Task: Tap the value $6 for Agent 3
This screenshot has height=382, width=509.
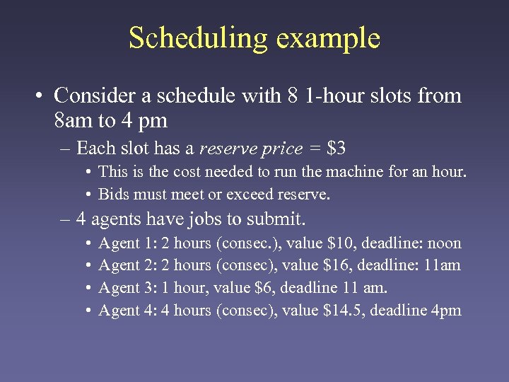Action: [256, 287]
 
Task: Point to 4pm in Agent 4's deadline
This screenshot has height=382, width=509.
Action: [445, 310]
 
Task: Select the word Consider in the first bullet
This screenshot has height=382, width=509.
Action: [90, 95]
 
